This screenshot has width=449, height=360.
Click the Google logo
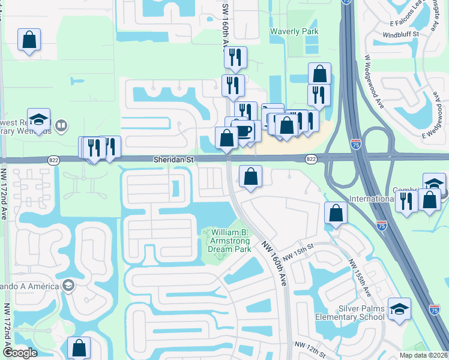point(20,353)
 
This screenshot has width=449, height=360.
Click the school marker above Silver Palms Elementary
point(399,310)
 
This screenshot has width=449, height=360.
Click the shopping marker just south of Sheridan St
point(250,177)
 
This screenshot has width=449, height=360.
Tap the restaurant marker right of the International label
point(406,202)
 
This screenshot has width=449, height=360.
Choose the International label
point(371,199)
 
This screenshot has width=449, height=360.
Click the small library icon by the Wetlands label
point(60,126)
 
